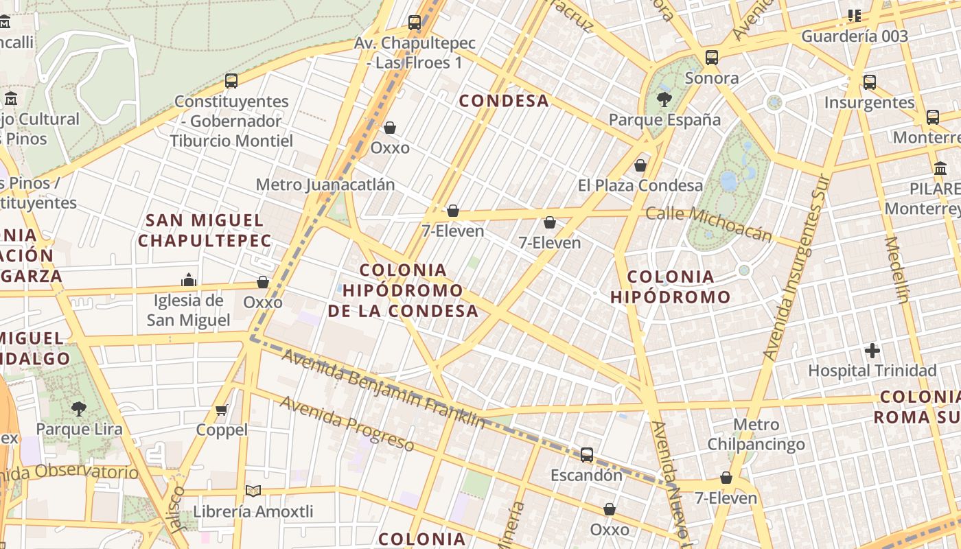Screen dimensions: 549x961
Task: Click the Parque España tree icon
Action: coord(664,100)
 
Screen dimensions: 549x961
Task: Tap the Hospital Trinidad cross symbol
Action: coord(872,351)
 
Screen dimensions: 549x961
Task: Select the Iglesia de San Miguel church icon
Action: coord(189,280)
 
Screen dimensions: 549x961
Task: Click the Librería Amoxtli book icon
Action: coord(253,491)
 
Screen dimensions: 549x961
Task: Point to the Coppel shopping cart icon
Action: coord(221,410)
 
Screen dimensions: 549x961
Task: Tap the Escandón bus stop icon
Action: coord(587,454)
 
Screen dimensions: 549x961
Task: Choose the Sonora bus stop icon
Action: coord(712,58)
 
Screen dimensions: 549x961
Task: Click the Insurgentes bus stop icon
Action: coord(870,82)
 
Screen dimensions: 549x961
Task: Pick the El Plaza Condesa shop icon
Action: coord(640,165)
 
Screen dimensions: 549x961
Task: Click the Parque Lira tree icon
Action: coord(79,409)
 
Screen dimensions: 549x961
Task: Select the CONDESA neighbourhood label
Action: coord(504,101)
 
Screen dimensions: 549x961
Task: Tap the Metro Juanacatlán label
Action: coord(325,185)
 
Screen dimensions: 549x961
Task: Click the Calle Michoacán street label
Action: coord(709,223)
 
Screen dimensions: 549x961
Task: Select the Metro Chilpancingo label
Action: coord(756,434)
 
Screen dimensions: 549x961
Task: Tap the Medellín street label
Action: coord(896,270)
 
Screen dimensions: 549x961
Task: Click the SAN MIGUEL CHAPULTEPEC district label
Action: coord(205,230)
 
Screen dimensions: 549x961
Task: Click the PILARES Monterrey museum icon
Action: coord(940,168)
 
